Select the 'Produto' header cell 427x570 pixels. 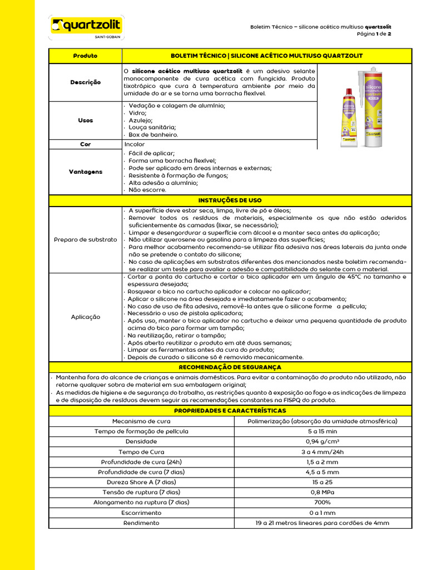coord(85,56)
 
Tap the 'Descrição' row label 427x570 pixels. coord(85,82)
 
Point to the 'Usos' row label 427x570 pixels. coord(85,120)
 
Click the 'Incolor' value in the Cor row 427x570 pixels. coord(135,144)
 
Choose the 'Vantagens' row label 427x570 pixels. coord(85,172)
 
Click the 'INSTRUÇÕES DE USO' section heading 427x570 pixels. coord(230,200)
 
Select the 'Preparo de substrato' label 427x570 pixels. coord(85,239)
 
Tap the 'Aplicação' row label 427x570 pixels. coord(85,317)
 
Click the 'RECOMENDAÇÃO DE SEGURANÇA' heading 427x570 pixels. coord(230,367)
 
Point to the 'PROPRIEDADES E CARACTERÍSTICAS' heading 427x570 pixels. coord(230,411)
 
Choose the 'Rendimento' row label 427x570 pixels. coord(141,523)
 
